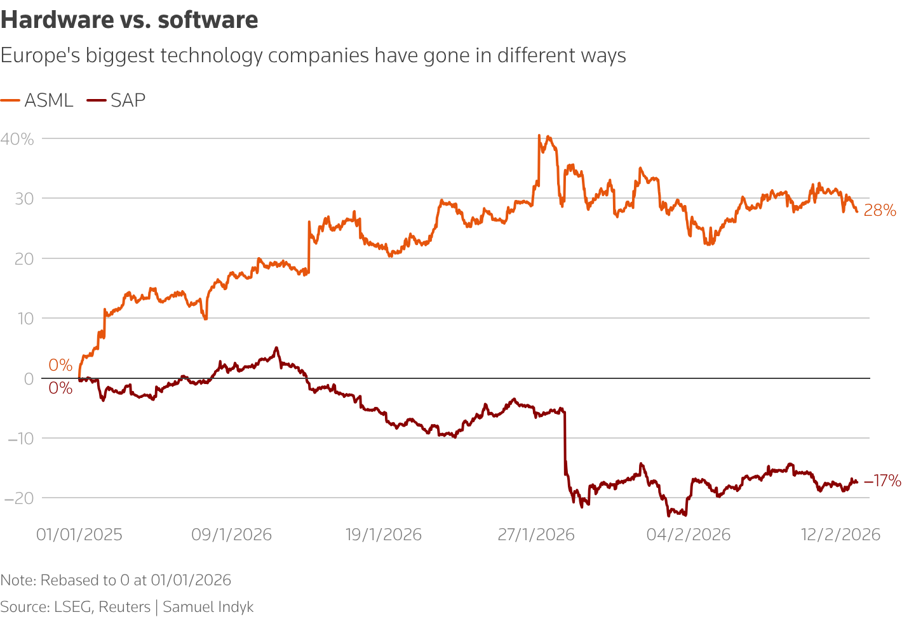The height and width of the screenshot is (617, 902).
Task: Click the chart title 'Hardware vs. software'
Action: click(130, 20)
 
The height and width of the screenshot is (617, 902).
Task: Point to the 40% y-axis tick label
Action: click(17, 139)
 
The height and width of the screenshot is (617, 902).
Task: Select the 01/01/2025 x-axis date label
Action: click(79, 534)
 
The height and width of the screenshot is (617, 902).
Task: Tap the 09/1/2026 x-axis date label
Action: click(231, 534)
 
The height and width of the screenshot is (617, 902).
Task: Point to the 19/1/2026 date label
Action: click(384, 534)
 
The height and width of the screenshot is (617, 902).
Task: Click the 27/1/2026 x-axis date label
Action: click(536, 534)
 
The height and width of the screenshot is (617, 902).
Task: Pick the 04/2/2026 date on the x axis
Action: click(689, 534)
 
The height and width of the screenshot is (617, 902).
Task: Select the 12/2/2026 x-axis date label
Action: click(840, 534)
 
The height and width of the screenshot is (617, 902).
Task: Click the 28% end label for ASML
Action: click(880, 211)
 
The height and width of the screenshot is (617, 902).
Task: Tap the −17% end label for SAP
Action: click(882, 481)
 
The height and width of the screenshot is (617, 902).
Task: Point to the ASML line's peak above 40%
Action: click(539, 135)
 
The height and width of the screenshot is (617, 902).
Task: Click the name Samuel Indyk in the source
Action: click(208, 607)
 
